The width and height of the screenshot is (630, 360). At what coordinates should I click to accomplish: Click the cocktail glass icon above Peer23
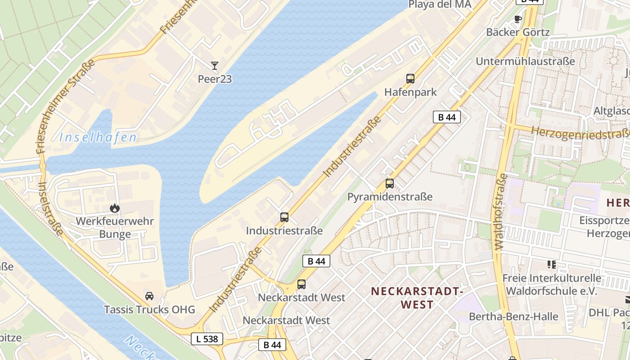215,66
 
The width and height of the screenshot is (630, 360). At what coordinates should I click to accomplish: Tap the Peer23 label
215,79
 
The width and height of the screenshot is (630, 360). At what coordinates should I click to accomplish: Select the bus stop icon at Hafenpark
410,79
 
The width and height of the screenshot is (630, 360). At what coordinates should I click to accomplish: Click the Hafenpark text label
410,92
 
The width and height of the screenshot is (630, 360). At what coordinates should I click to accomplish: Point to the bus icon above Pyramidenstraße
390,184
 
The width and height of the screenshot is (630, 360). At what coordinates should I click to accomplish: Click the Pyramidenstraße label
390,197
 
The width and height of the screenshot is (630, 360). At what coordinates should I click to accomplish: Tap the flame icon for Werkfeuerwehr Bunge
115,208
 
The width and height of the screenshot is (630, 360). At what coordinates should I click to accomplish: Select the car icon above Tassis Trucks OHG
149,296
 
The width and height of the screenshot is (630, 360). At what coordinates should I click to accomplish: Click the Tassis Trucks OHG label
149,310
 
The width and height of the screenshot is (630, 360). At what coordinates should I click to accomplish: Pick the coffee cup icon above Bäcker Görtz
517,19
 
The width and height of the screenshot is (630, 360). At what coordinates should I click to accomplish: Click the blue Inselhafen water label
98,138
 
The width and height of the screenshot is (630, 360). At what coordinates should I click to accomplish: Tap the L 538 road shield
207,339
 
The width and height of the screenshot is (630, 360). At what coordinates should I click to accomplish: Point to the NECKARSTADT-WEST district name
417,298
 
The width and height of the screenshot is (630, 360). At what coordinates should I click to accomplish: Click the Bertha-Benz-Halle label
513,316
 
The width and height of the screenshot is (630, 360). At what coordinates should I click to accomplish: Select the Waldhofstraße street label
500,211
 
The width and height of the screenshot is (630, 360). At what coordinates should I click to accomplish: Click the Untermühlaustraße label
525,61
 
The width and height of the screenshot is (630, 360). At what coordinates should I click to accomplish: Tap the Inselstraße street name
50,208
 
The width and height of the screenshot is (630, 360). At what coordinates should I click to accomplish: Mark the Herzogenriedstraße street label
580,133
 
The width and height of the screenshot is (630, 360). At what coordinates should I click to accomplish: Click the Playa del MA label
440,4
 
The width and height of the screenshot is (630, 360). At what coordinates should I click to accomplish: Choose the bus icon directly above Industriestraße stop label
284,217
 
